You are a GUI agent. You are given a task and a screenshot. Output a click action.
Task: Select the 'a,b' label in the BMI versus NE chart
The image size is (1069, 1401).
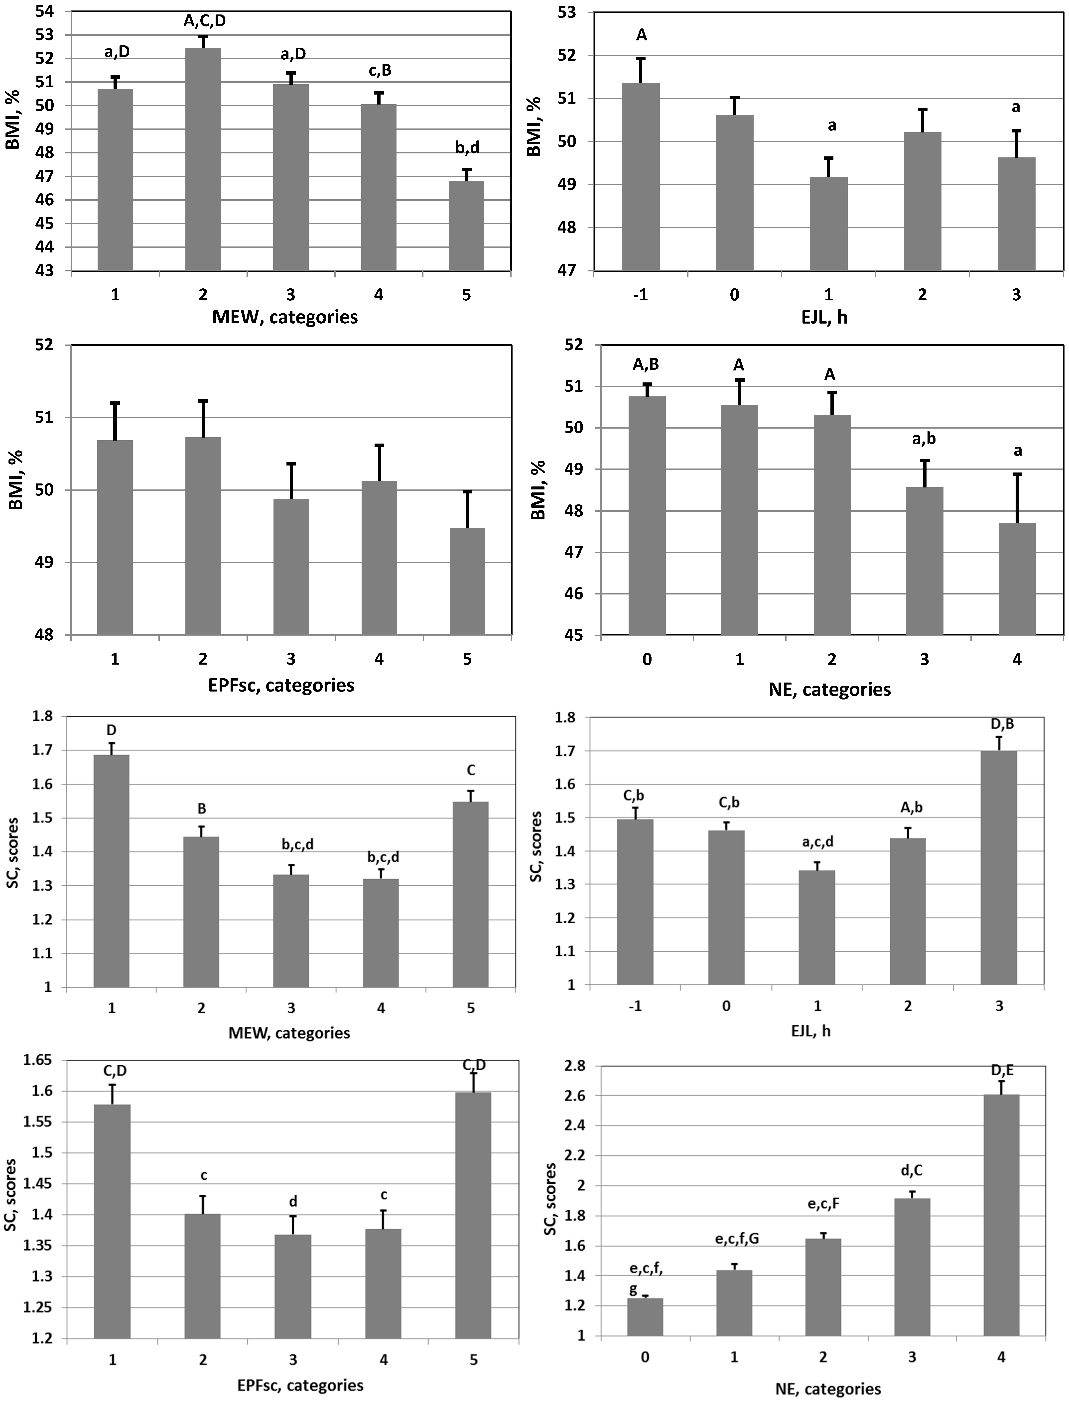pyautogui.click(x=924, y=439)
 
